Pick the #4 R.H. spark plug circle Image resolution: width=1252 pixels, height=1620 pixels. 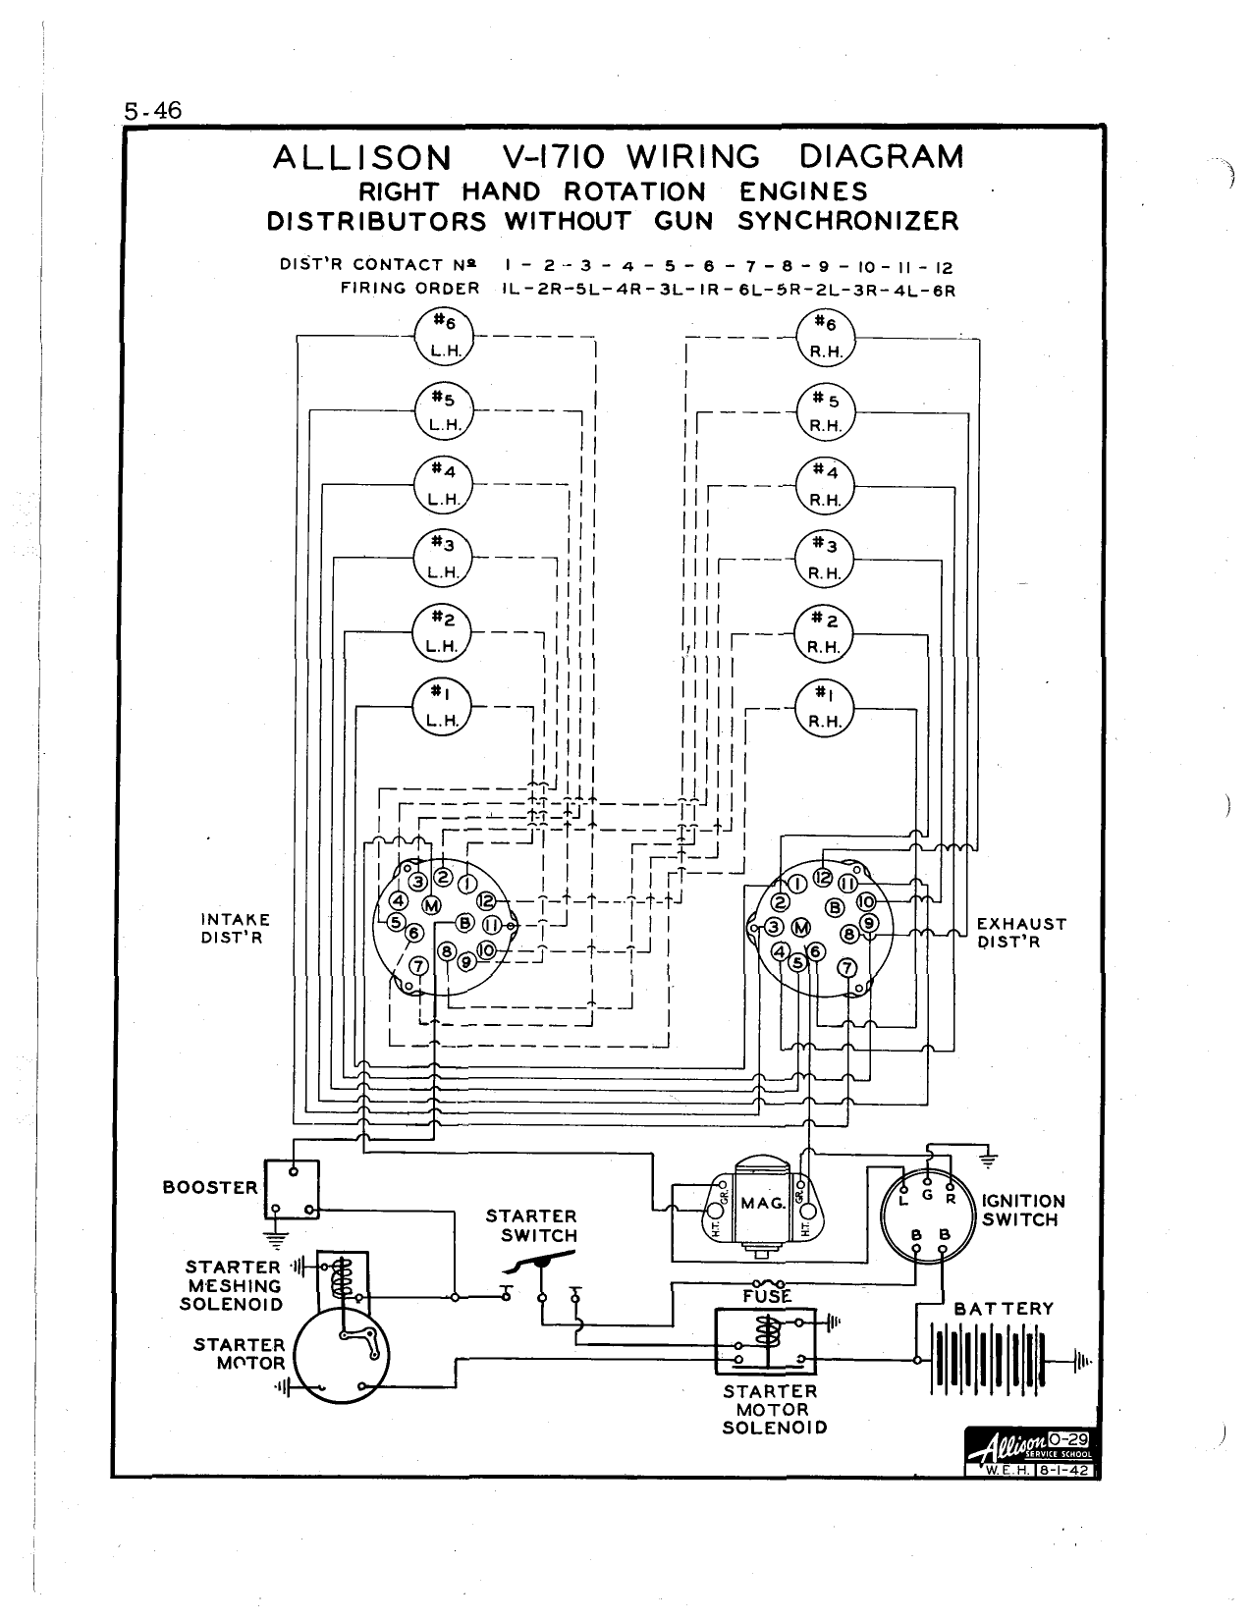click(825, 485)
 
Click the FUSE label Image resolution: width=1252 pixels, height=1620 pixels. click(767, 1296)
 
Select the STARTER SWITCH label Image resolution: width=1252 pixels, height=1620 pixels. click(531, 1226)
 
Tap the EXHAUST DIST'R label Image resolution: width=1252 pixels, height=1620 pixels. click(1021, 933)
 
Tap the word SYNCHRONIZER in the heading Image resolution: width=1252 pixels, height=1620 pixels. click(847, 221)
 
